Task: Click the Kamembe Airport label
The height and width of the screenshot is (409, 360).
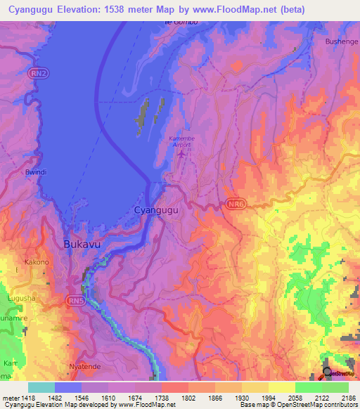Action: (183, 141)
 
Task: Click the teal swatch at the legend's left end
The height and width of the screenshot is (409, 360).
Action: (41, 387)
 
